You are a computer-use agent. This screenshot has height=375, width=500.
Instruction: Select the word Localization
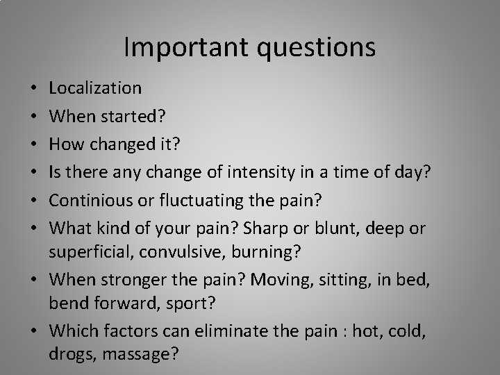click(96, 88)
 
